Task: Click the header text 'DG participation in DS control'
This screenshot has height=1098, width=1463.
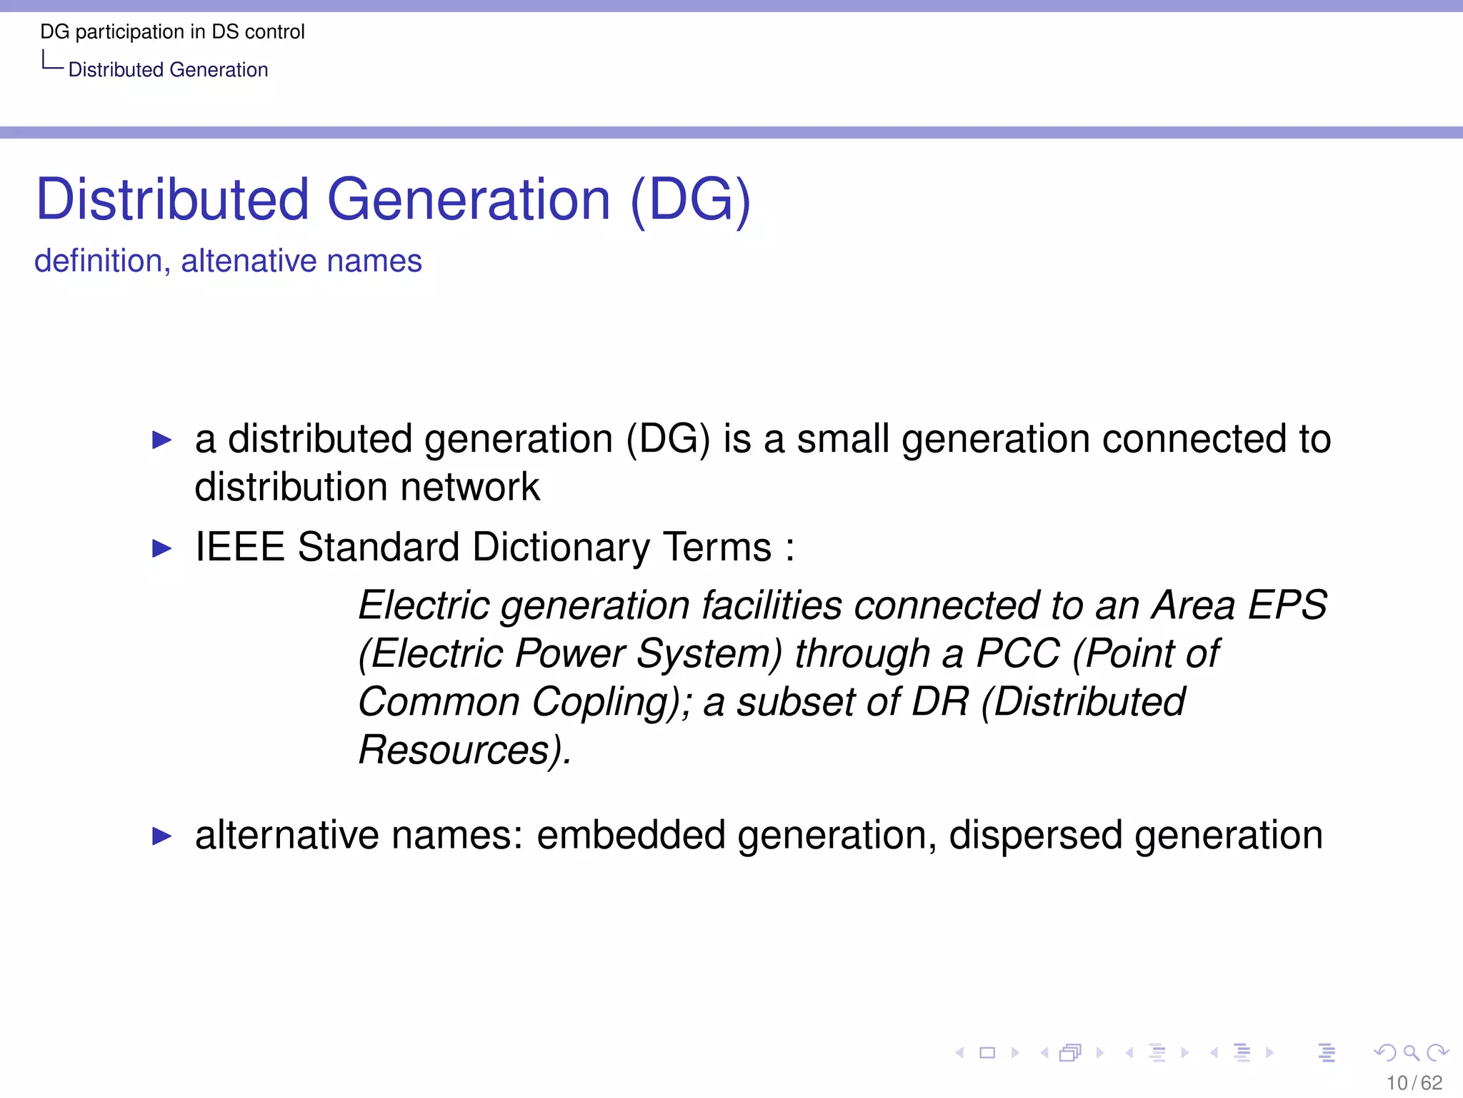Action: point(172,32)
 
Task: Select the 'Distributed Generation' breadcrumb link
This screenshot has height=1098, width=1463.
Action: point(168,70)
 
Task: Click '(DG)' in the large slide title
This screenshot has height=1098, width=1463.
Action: point(691,199)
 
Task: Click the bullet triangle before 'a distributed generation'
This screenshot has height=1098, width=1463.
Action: point(162,440)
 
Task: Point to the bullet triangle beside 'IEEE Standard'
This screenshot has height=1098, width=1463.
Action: point(162,549)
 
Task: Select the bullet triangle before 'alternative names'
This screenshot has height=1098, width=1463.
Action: point(162,836)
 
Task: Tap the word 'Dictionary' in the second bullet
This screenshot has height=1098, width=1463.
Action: point(561,548)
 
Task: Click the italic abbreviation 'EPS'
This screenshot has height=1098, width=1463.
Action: point(1287,605)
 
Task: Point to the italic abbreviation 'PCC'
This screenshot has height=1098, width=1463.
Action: point(1017,653)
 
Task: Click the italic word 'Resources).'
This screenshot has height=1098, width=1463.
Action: point(465,750)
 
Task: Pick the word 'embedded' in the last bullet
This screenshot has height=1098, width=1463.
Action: point(631,835)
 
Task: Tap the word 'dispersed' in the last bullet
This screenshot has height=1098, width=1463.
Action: point(1035,835)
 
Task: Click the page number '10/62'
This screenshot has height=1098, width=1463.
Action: point(1414,1083)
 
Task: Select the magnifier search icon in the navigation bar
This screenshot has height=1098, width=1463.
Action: point(1411,1052)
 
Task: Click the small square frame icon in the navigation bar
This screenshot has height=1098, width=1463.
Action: point(987,1052)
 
